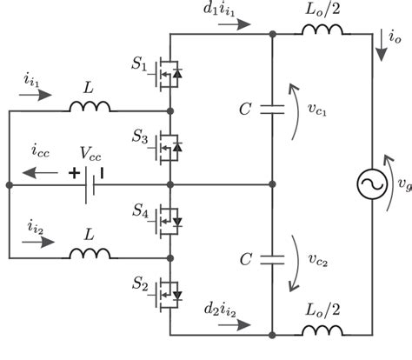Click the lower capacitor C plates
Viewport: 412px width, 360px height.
point(273,258)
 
